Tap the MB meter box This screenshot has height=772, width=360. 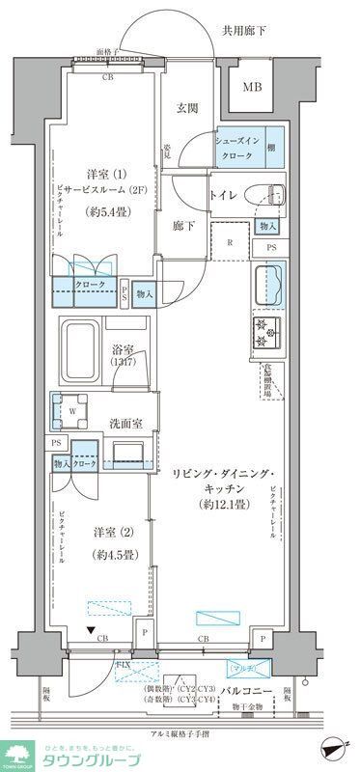[251, 88]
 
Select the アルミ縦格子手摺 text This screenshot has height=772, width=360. [180, 734]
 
